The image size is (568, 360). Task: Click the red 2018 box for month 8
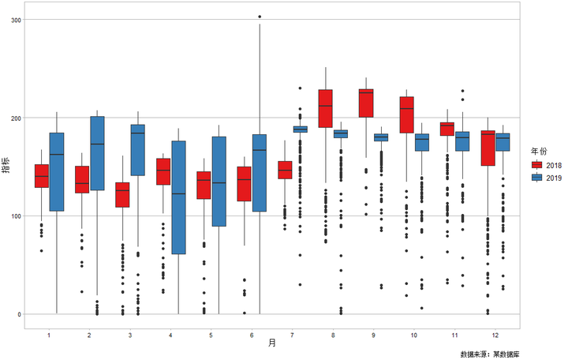(325, 108)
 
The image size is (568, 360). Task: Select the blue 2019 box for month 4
(178, 197)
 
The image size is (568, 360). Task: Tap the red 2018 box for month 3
(122, 195)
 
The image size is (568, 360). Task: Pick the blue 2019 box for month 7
(301, 129)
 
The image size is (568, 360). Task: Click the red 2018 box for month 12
(488, 148)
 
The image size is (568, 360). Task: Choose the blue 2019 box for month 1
(57, 172)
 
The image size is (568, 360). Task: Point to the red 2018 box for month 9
(366, 103)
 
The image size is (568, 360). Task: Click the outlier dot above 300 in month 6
(260, 17)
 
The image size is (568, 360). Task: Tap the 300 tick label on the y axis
(16, 20)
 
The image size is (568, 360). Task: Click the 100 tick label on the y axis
(16, 216)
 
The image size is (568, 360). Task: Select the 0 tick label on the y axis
(19, 315)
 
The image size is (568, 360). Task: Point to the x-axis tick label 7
(292, 336)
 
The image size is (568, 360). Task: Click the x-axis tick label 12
(495, 336)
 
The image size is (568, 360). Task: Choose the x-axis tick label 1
(49, 336)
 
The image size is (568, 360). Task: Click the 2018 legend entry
(546, 165)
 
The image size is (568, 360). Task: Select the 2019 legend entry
(546, 178)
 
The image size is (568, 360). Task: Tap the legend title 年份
(539, 151)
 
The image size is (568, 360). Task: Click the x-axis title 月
(272, 343)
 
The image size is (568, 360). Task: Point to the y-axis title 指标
(6, 166)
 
